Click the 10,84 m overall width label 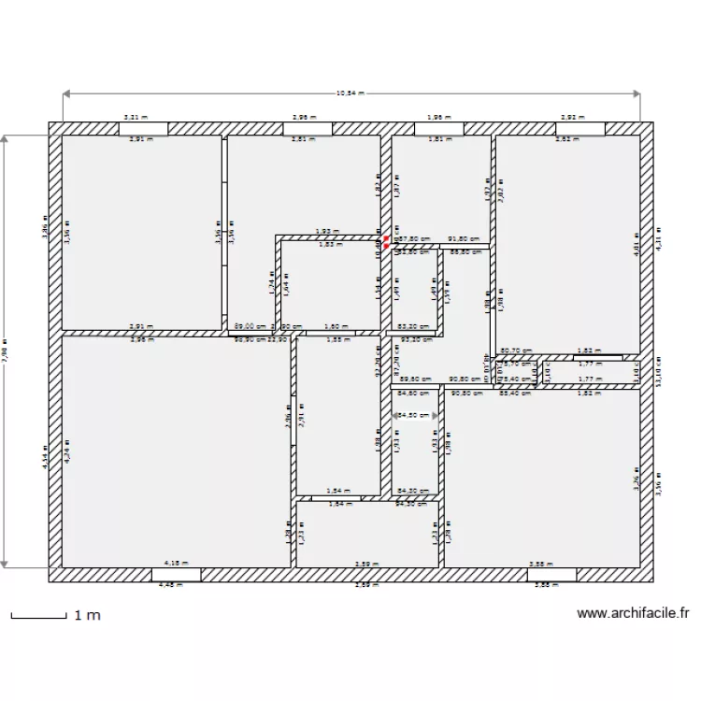(x=350, y=93)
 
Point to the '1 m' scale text (x=87, y=615)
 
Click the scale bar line (x=37, y=615)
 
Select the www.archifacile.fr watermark (x=633, y=614)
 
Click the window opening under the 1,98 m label (x=438, y=129)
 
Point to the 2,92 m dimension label (x=572, y=118)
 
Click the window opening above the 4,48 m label (x=175, y=574)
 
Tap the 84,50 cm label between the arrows (x=416, y=415)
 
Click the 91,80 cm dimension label (x=464, y=238)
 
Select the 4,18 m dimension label (x=176, y=564)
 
